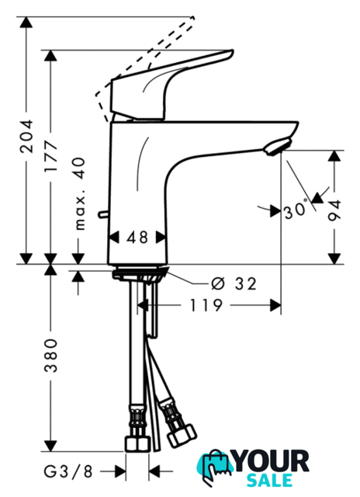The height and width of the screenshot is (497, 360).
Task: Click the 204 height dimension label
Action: [26, 137]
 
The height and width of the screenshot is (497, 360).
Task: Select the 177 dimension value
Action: [50, 156]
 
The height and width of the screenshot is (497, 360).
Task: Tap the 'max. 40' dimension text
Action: [79, 194]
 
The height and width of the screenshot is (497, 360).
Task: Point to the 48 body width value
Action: [137, 238]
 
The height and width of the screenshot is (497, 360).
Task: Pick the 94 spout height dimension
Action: [334, 210]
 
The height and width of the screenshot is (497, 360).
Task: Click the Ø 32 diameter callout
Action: [234, 283]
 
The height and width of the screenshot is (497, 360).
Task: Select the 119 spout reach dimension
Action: [206, 306]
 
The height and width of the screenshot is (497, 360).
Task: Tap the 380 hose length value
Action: [50, 356]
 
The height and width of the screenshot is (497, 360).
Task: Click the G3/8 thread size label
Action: [68, 471]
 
